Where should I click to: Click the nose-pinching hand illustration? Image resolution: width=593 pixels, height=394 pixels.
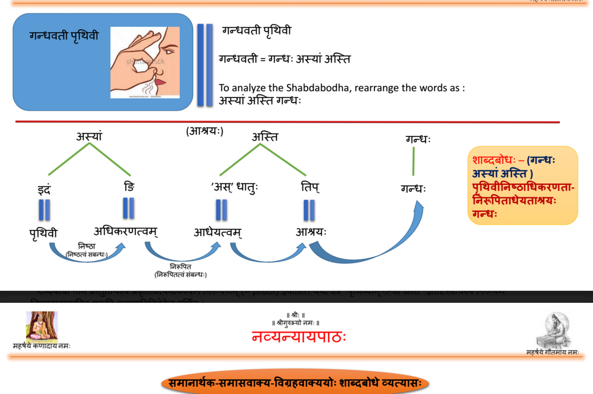click(x=145, y=63)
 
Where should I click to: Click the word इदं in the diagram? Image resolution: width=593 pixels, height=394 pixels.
click(x=44, y=189)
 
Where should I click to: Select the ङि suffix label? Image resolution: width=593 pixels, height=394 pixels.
click(x=128, y=187)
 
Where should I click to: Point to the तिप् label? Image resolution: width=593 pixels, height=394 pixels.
click(x=310, y=187)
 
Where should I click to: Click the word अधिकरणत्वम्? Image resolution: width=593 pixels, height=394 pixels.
click(x=126, y=232)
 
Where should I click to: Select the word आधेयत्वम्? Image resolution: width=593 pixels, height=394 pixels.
click(x=218, y=232)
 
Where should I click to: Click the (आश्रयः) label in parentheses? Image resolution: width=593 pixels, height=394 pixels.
click(x=204, y=131)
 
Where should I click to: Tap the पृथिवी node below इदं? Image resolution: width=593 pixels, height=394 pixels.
click(x=44, y=233)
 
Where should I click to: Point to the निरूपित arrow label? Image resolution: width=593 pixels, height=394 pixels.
click(x=181, y=266)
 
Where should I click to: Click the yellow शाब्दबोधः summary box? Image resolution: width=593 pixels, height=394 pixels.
click(x=522, y=186)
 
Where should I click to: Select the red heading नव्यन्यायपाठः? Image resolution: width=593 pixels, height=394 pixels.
click(x=299, y=336)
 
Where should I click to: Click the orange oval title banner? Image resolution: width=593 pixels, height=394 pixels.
click(x=295, y=382)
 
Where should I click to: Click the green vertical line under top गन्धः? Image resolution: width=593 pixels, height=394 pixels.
click(x=414, y=161)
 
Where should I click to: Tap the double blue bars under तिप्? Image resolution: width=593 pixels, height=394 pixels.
click(x=309, y=210)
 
